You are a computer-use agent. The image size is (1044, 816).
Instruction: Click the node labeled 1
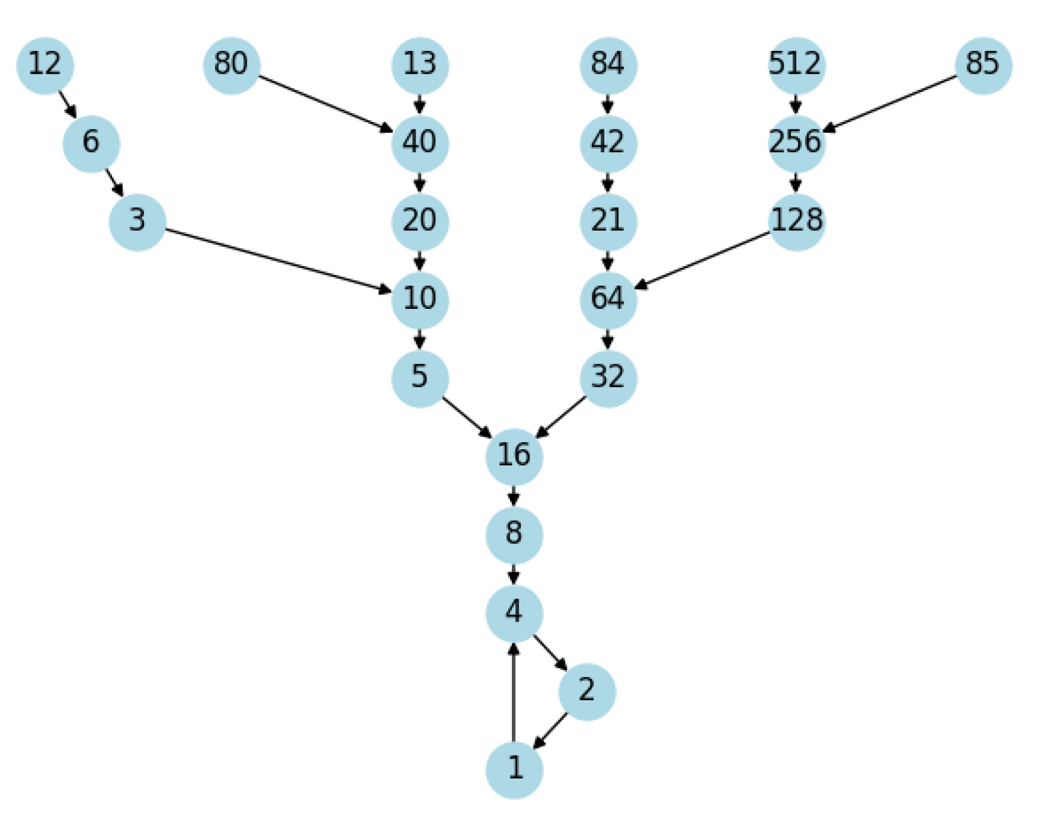(x=514, y=769)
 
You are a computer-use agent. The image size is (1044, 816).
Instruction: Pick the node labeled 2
(x=586, y=691)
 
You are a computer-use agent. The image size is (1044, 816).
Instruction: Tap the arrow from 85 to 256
(x=890, y=104)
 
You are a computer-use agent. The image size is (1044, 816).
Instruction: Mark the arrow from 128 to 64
(x=702, y=261)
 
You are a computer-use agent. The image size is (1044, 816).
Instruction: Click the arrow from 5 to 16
(x=467, y=417)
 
